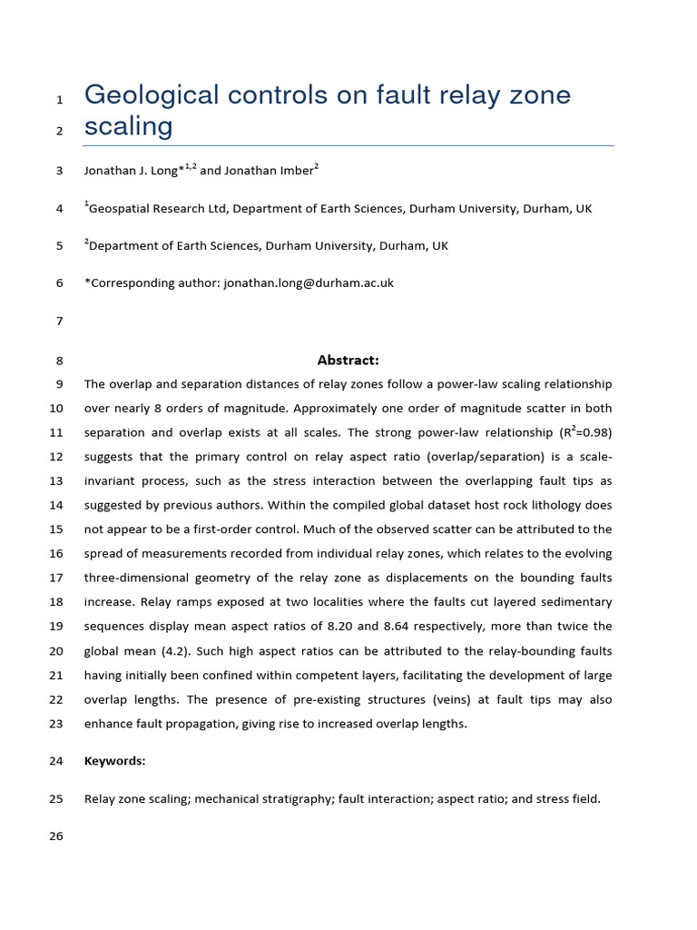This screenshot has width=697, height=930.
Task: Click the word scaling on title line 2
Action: pyautogui.click(x=128, y=126)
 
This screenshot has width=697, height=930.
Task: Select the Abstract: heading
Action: pyautogui.click(x=348, y=360)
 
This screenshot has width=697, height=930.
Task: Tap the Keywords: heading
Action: pyautogui.click(x=114, y=761)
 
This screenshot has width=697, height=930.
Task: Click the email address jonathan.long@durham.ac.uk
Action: pyautogui.click(x=309, y=282)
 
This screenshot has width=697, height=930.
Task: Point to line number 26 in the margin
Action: pyautogui.click(x=56, y=836)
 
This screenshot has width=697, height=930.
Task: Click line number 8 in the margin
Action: pyautogui.click(x=60, y=361)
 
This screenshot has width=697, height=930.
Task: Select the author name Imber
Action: pyautogui.click(x=295, y=170)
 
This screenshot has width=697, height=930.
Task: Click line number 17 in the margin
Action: pyautogui.click(x=56, y=578)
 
